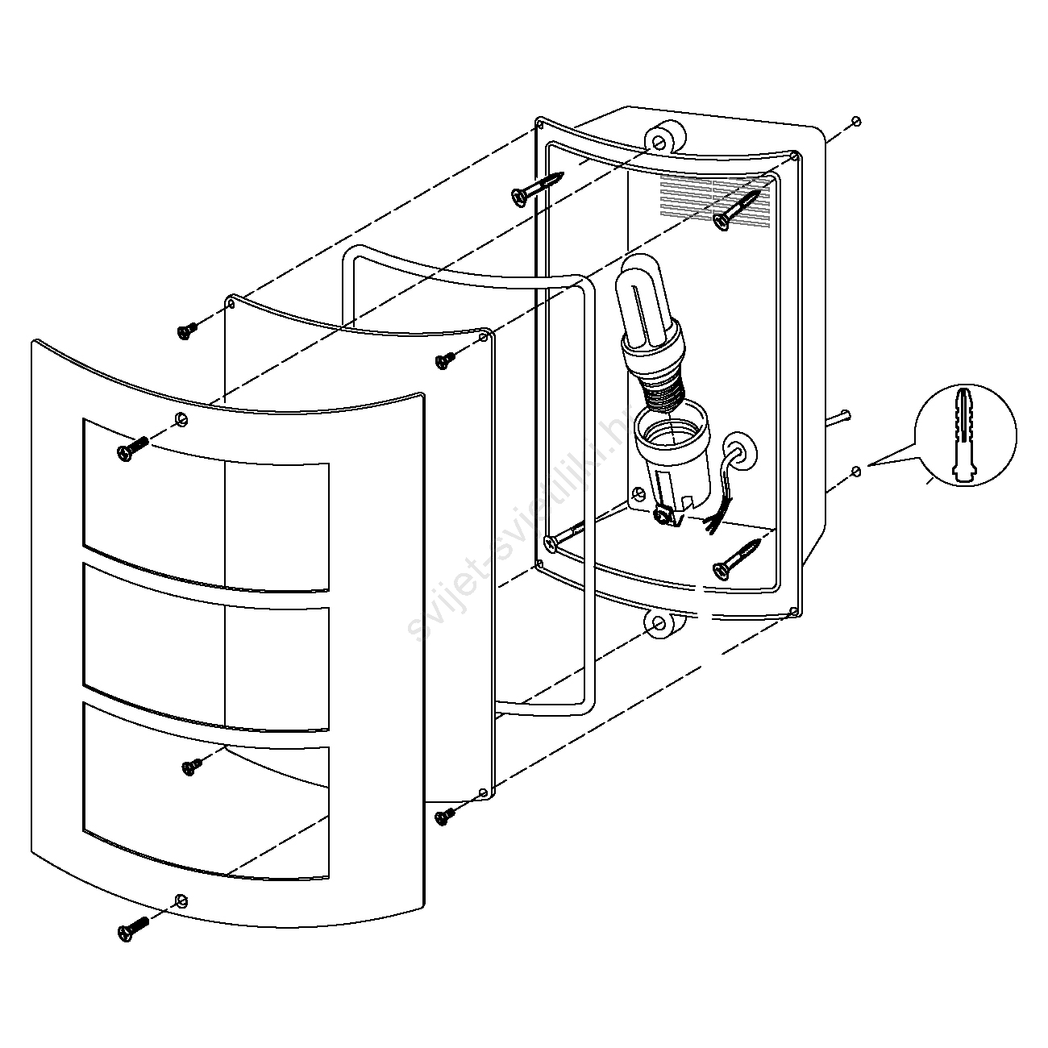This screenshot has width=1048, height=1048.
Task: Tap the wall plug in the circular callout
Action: [967, 435]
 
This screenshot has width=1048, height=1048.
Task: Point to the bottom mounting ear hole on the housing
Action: [659, 623]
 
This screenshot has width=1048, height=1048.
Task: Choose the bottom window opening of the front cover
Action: [206, 794]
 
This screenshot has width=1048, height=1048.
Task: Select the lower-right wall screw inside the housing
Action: [737, 558]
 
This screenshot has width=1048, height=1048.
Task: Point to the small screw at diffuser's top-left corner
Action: [188, 331]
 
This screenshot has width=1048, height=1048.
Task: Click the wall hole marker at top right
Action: [856, 122]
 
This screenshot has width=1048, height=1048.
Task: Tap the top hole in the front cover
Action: [180, 418]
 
